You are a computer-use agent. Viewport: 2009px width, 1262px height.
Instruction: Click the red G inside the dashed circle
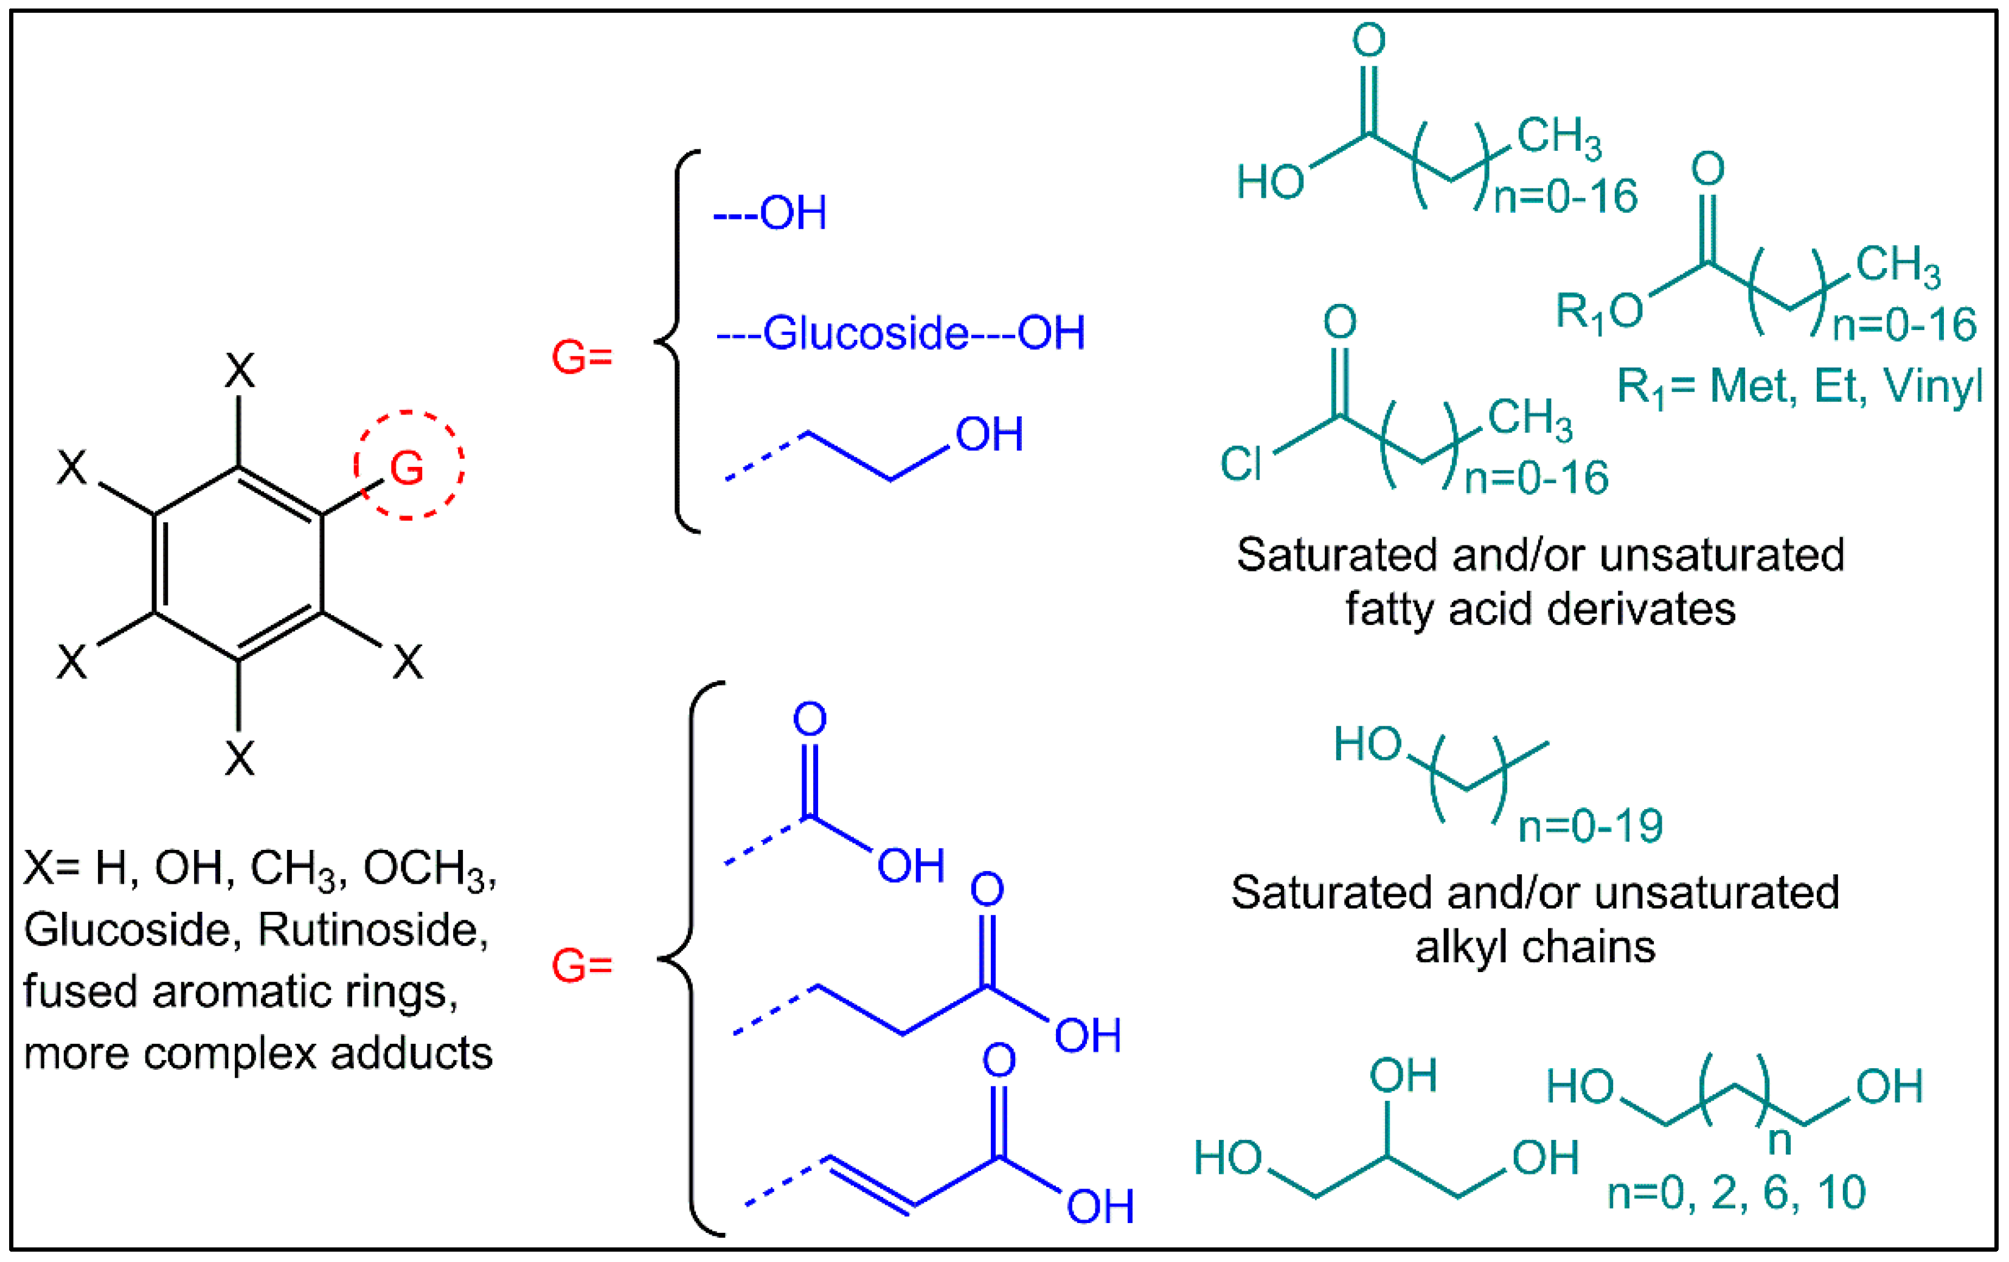[x=407, y=468]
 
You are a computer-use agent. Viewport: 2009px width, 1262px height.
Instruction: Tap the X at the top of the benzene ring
[x=240, y=370]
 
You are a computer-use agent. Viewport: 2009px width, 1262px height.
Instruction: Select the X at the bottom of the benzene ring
[x=240, y=759]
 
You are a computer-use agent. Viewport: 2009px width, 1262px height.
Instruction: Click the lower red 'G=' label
[x=581, y=966]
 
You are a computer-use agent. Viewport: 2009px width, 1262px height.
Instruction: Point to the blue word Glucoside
[x=865, y=333]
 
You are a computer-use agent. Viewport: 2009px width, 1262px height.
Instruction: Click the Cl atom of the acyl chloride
[x=1241, y=464]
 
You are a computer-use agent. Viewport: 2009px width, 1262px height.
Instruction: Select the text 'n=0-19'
[x=1590, y=826]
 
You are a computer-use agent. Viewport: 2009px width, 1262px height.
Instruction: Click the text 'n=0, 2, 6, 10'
[x=1736, y=1192]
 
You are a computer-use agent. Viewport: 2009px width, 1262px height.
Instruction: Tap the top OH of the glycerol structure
[x=1403, y=1075]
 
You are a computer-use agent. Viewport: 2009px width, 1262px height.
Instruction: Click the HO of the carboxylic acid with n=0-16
[x=1270, y=182]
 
